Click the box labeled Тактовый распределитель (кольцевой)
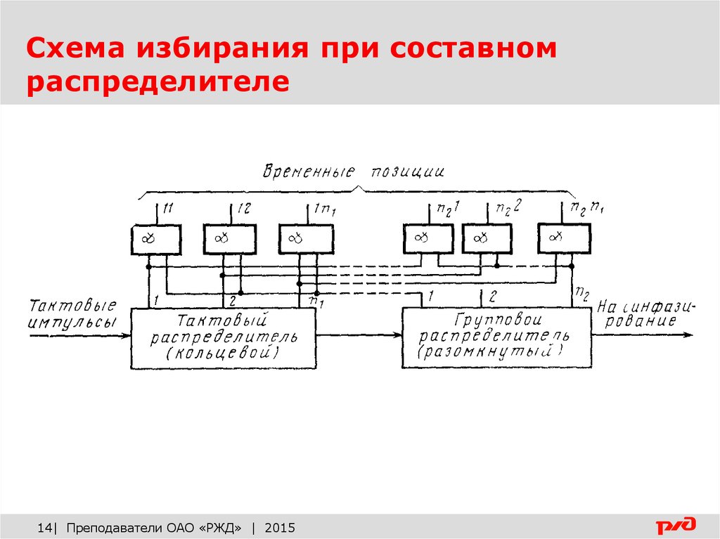[x=224, y=337]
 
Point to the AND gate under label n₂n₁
[x=564, y=240]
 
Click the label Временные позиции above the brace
[x=354, y=171]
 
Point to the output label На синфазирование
[x=645, y=314]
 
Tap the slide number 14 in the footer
[x=44, y=527]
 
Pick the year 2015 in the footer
[x=281, y=527]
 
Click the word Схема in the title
[x=76, y=49]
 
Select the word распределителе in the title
[x=158, y=82]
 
